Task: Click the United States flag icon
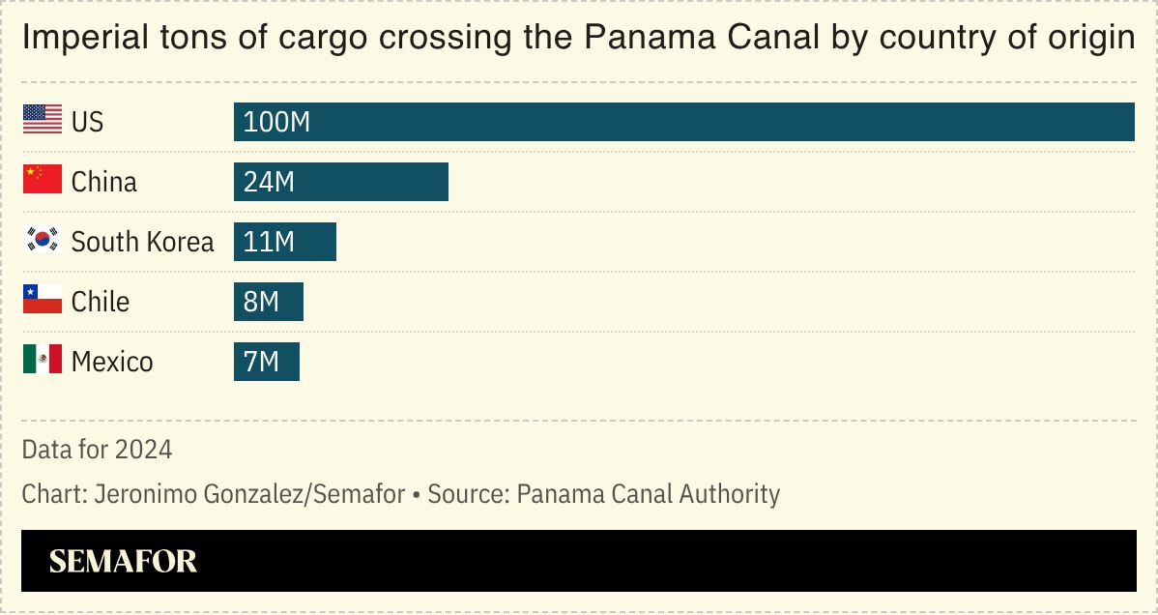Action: click(42, 121)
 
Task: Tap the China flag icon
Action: click(42, 181)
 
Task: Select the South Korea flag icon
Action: click(42, 241)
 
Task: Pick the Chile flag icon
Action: click(42, 301)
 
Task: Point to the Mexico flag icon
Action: click(42, 361)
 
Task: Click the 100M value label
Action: click(276, 122)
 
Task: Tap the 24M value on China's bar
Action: click(269, 182)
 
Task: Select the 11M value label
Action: click(269, 242)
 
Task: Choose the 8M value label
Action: click(261, 302)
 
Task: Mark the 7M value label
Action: click(261, 362)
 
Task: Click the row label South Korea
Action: click(142, 242)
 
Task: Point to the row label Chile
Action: click(101, 302)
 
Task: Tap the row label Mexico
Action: click(112, 362)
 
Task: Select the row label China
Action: click(104, 182)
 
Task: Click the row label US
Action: click(87, 122)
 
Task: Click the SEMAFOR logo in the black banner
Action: click(123, 561)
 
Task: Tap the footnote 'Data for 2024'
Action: click(97, 450)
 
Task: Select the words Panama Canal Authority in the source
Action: click(648, 494)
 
